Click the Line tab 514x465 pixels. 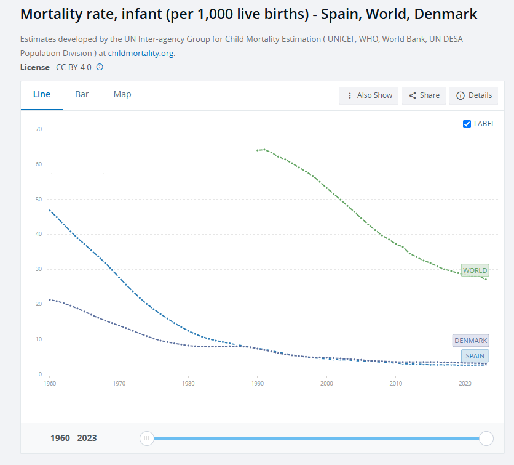[42, 95]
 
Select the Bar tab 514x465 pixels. [82, 95]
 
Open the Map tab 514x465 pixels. [122, 95]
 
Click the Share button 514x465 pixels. [424, 95]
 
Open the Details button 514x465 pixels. [473, 95]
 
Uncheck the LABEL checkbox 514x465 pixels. [467, 124]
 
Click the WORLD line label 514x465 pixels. [475, 270]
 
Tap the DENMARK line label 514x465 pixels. [470, 341]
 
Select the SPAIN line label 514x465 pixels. [475, 356]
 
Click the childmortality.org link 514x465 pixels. [141, 54]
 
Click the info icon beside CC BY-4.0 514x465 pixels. [100, 67]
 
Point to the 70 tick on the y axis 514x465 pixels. [38, 129]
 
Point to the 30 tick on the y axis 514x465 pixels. [38, 269]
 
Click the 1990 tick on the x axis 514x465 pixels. [257, 383]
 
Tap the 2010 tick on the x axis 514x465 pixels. [395, 383]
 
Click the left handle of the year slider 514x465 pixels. [146, 439]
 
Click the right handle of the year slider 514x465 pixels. [486, 439]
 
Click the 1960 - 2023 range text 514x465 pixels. [73, 439]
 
